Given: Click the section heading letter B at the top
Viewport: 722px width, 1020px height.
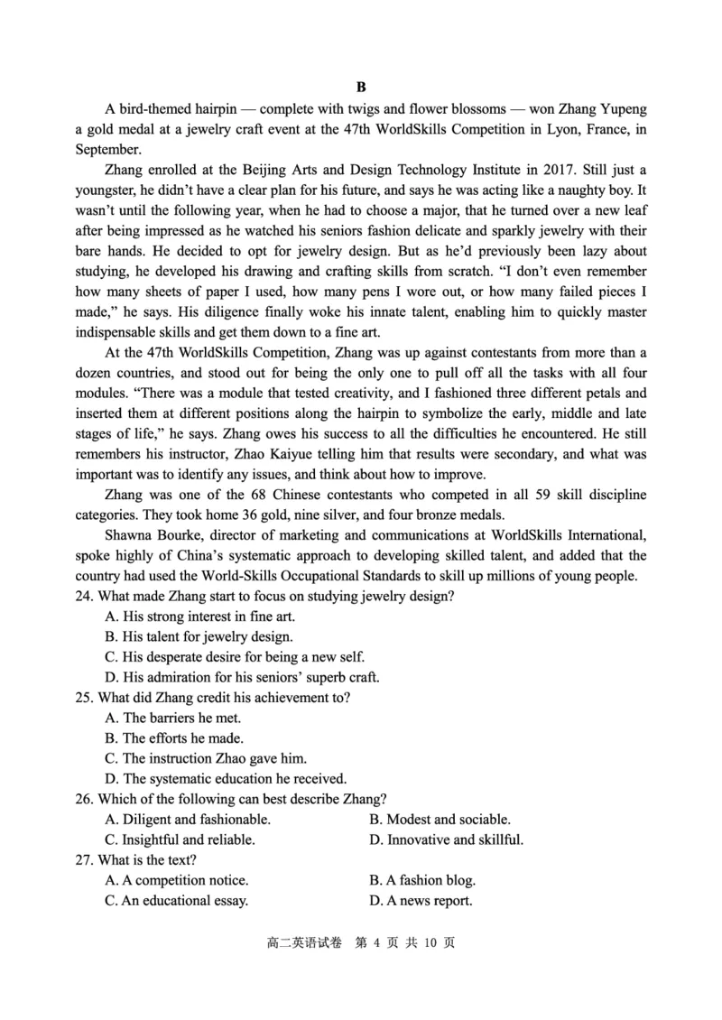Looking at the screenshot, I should [361, 88].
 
